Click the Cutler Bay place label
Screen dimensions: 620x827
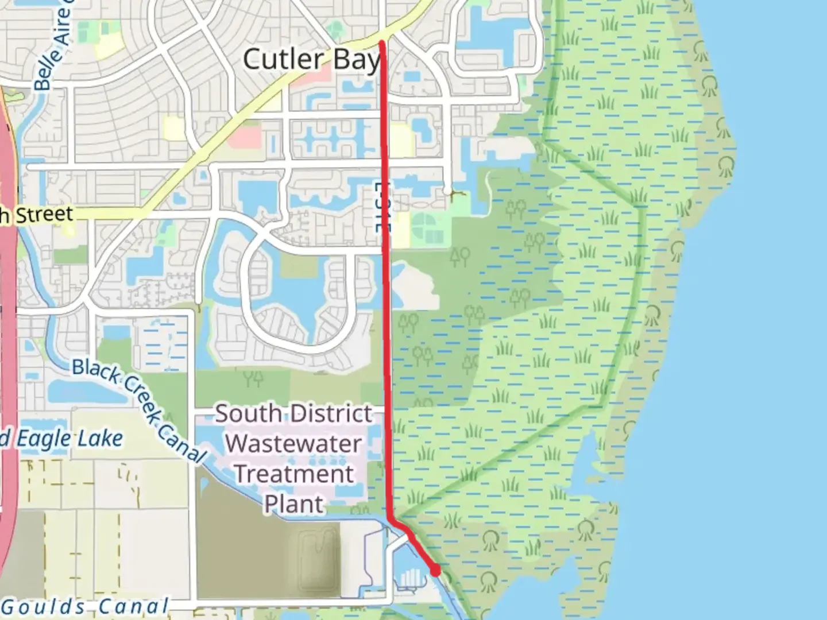(x=311, y=60)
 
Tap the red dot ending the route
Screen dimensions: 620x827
(x=436, y=570)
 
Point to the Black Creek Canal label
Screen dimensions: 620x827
(x=138, y=410)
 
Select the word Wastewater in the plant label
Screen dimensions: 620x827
(x=293, y=444)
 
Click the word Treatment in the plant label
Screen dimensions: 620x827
(x=294, y=474)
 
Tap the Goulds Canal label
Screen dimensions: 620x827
(x=86, y=606)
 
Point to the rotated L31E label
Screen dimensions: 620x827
(x=381, y=207)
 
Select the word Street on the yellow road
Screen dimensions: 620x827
(x=44, y=215)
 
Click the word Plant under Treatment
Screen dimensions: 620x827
(x=294, y=505)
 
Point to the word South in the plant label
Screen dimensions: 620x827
(x=248, y=414)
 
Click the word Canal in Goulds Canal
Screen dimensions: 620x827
(x=133, y=606)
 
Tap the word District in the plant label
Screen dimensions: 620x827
(x=331, y=414)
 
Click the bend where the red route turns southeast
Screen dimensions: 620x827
(x=391, y=519)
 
